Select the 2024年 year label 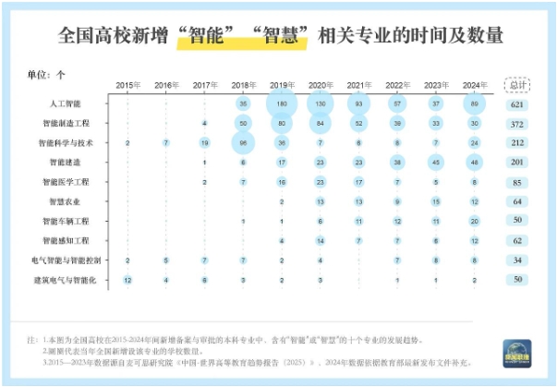474,85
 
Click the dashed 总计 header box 519,85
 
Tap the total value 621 519,104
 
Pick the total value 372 519,124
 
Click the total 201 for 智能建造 519,163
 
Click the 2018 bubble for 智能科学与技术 243,143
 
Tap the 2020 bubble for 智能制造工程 320,123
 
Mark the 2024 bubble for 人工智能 474,103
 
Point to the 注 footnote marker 32,340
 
